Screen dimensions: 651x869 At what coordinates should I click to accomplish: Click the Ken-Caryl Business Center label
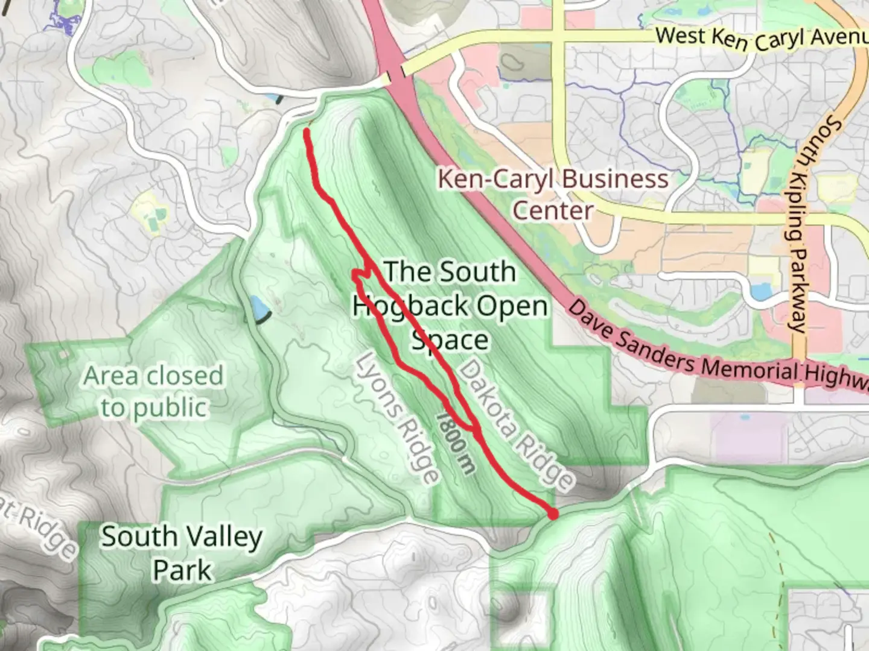tap(553, 194)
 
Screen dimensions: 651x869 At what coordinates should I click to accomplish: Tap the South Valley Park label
tap(181, 553)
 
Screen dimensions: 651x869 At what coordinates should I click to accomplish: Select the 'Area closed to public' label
tap(153, 391)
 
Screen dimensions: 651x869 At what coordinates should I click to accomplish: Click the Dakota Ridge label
tap(515, 425)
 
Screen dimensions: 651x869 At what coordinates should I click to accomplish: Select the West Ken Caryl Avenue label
tap(760, 39)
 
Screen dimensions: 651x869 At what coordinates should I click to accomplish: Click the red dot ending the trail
tap(552, 514)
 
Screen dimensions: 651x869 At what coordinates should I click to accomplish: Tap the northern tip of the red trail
tap(308, 131)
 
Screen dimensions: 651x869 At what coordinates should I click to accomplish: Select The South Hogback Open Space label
tap(450, 306)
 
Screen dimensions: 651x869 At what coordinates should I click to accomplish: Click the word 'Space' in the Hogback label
tap(450, 340)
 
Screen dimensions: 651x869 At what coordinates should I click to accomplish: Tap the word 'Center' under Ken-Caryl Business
tap(552, 211)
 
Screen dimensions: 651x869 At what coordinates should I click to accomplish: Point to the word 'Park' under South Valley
tap(182, 570)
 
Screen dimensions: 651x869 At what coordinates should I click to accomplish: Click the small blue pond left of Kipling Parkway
tap(761, 292)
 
